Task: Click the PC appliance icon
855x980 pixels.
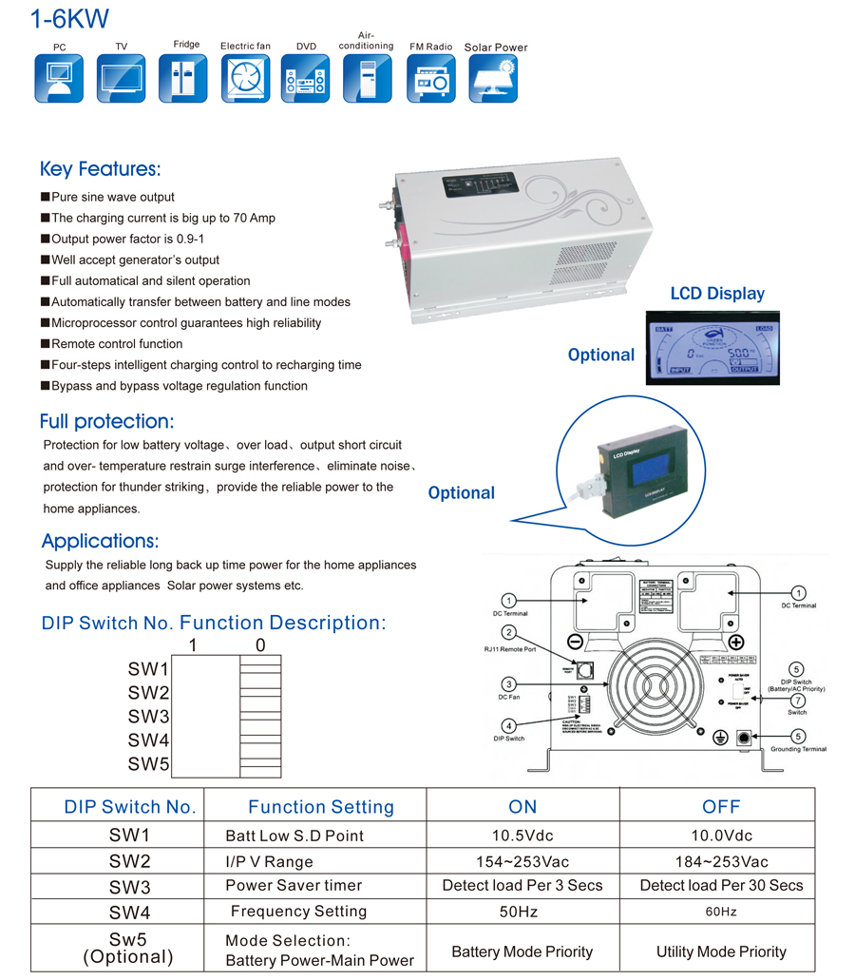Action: click(59, 78)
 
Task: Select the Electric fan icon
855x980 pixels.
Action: click(245, 78)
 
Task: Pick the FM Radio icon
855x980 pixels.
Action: click(431, 78)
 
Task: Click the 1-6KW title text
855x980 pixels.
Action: click(69, 18)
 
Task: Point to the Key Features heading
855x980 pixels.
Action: click(100, 169)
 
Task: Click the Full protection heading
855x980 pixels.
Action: click(106, 421)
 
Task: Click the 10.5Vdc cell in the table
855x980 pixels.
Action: click(522, 836)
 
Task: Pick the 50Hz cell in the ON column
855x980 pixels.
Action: click(522, 912)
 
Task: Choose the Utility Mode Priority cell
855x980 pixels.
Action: click(721, 951)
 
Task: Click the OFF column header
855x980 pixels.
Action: click(721, 807)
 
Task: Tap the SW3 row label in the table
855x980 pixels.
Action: click(130, 887)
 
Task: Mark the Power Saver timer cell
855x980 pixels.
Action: click(294, 886)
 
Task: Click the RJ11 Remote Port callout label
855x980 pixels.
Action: click(510, 649)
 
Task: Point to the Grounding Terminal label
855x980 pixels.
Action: click(798, 749)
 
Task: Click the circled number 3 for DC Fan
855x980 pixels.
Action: click(509, 683)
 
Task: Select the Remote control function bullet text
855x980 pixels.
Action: click(117, 344)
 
